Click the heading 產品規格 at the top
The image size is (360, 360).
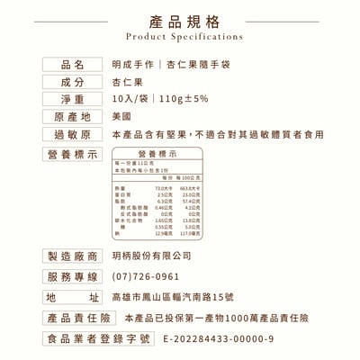pos(179,20)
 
